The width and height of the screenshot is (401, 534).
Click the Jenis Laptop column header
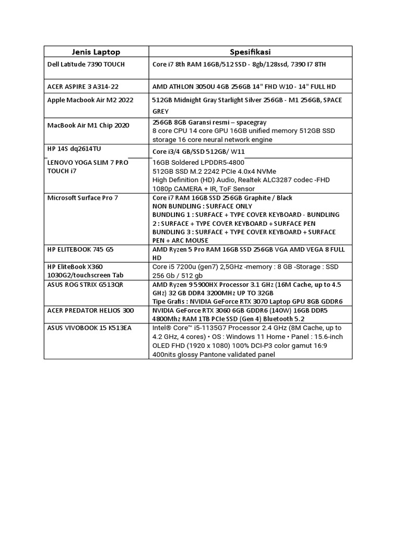tap(96, 52)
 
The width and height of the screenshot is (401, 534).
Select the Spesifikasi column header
tap(251, 52)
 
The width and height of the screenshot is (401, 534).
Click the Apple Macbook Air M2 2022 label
tap(90, 100)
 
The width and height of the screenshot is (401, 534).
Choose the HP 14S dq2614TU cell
tap(75, 149)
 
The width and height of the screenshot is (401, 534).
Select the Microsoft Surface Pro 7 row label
tap(82, 198)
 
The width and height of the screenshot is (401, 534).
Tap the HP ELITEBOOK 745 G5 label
tap(80, 249)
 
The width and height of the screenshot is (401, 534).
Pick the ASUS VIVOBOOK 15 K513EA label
tap(86, 327)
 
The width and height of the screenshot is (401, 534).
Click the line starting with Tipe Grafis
tap(247, 301)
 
